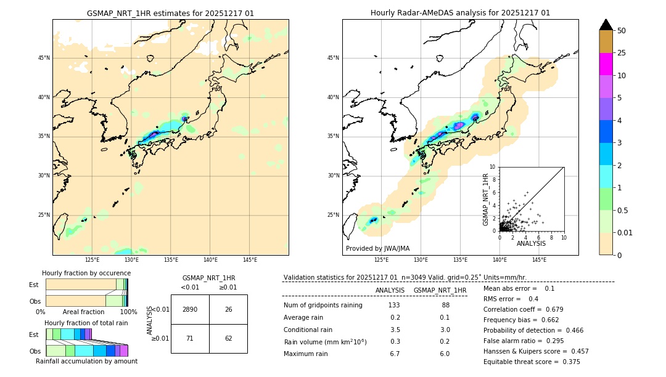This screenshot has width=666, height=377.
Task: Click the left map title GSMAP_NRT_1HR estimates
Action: (170, 13)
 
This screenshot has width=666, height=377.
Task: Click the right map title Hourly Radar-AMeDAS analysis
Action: (460, 13)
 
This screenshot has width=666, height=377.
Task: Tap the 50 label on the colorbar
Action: (622, 30)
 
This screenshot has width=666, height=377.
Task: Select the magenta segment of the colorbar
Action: (606, 64)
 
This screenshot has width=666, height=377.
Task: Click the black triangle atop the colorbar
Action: (606, 25)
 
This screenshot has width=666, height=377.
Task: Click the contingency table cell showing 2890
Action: (190, 309)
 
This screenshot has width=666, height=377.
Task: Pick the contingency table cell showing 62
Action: (228, 338)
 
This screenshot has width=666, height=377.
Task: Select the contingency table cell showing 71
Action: (190, 338)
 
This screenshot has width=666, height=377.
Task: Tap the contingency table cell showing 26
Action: (228, 309)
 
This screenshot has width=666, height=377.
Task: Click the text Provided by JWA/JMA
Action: (377, 248)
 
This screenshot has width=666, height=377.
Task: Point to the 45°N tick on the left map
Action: (44, 58)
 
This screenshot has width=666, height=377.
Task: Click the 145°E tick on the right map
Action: (539, 260)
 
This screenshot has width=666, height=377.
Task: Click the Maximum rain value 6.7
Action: (395, 354)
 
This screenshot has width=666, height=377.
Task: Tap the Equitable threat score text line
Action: (532, 362)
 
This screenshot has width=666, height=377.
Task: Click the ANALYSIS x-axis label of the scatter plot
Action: (531, 243)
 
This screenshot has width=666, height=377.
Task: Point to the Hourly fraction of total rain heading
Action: (86, 323)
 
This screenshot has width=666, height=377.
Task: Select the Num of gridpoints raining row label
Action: (323, 305)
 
